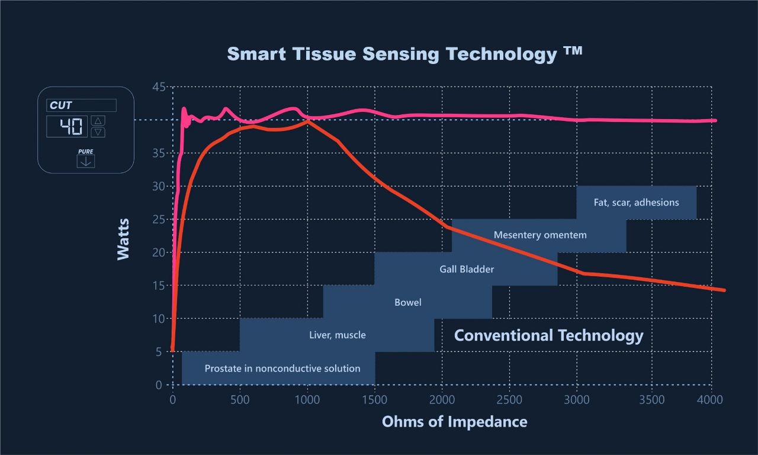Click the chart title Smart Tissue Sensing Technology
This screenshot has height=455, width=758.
point(404,54)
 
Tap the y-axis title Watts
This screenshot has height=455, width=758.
point(123,239)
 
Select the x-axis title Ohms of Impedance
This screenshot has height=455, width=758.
point(454,422)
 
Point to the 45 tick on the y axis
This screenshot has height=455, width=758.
point(159,88)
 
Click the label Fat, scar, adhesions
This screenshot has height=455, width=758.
point(636,203)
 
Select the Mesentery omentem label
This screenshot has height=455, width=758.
point(540,235)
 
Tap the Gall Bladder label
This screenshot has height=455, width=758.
point(467,270)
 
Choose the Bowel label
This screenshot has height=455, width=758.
point(408,303)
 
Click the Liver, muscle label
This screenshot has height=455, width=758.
point(338,335)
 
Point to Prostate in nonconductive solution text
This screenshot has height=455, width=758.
point(282,369)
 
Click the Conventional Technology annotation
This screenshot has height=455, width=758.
point(548,335)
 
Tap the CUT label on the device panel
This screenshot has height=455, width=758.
point(61,105)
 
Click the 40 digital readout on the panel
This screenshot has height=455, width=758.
point(68,126)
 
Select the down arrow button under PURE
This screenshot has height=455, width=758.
point(86,161)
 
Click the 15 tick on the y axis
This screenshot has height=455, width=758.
point(159,286)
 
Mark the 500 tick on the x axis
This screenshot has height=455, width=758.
point(240,400)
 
